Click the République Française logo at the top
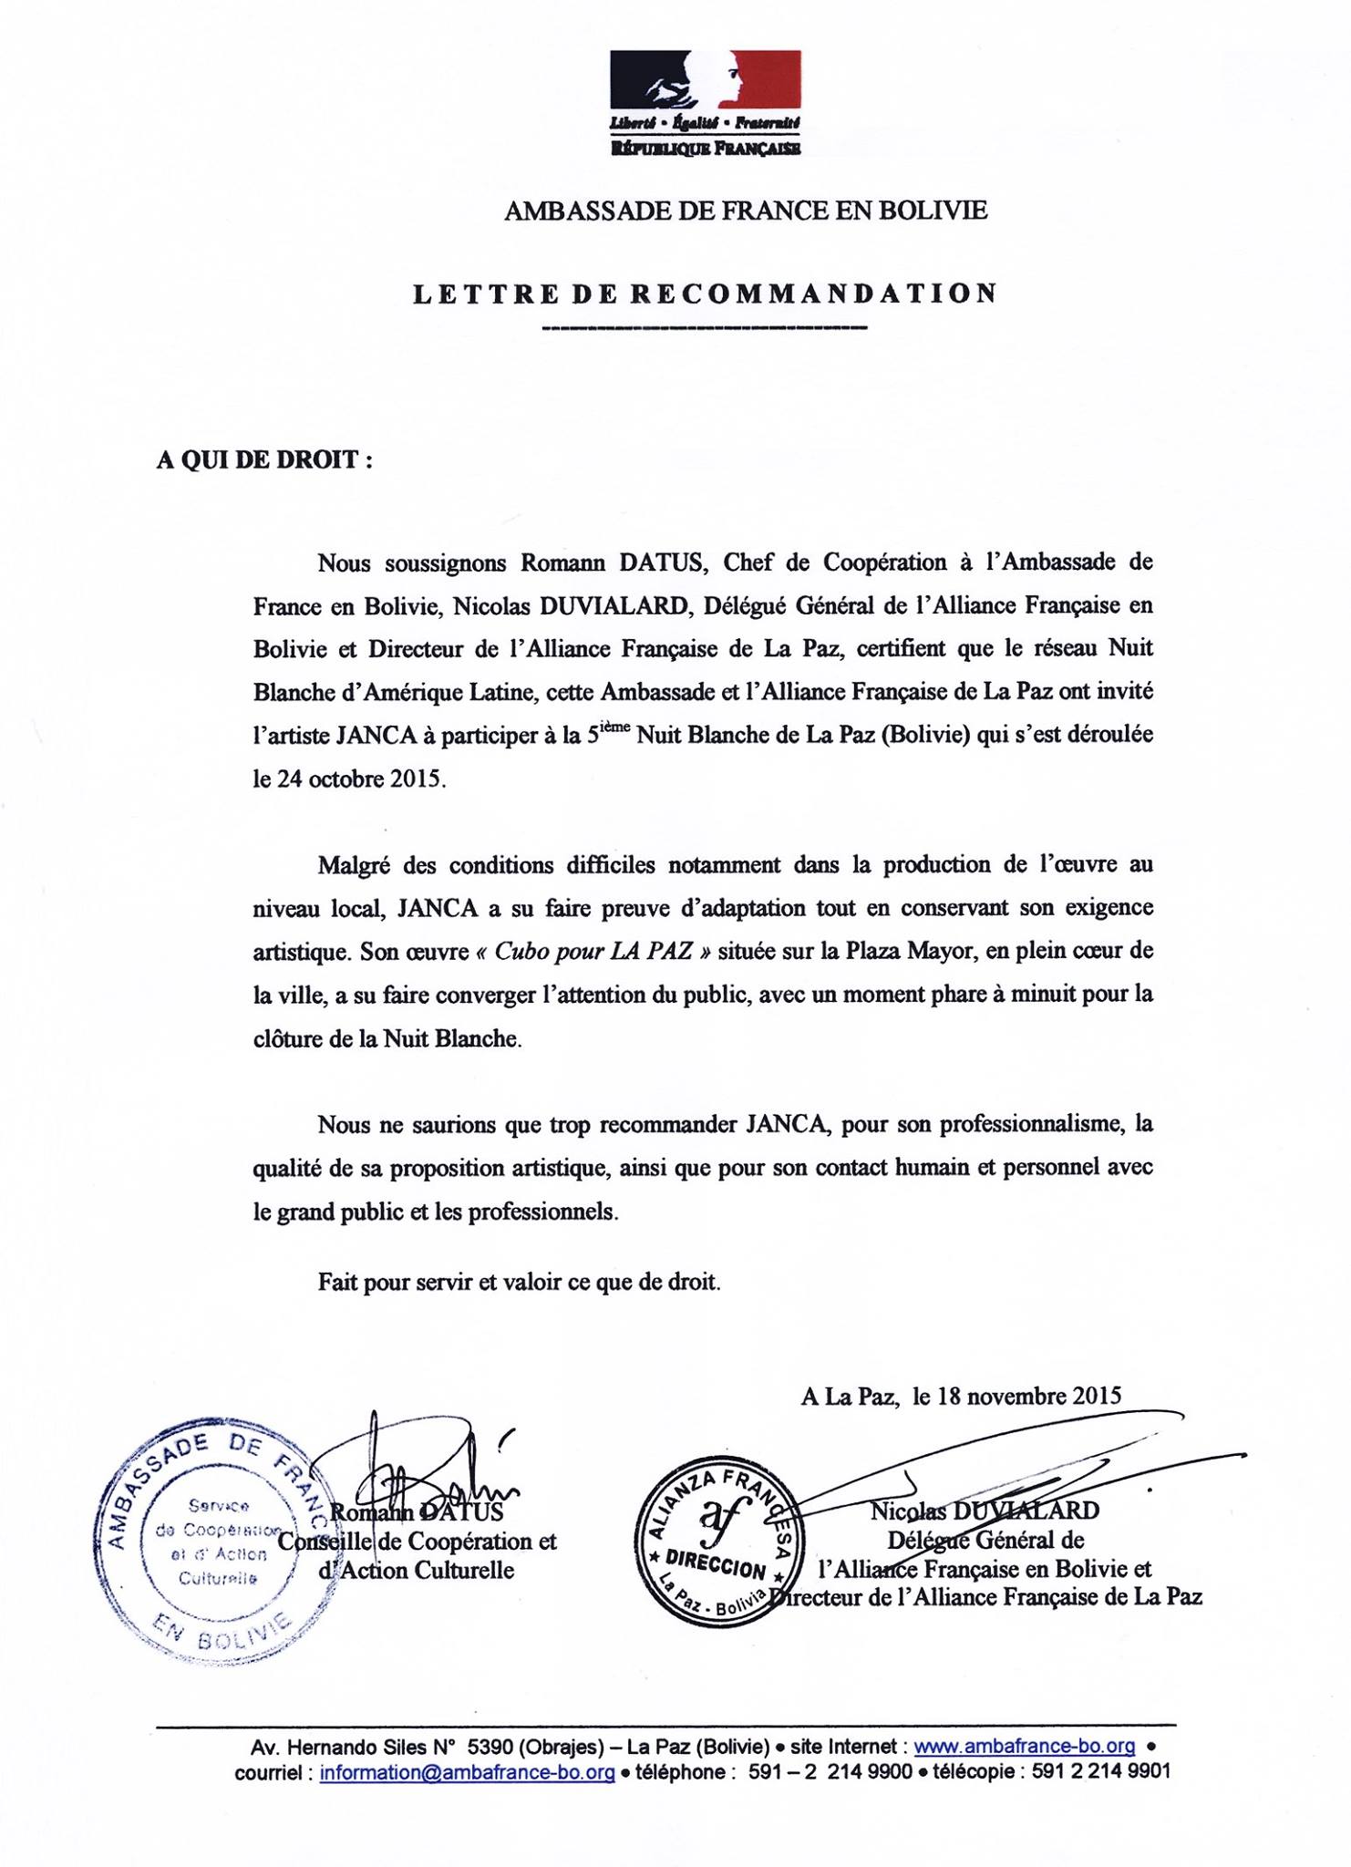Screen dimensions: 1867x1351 point(705,103)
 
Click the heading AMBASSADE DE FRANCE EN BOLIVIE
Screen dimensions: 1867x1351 point(745,211)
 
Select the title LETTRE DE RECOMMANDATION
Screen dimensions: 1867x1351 point(705,294)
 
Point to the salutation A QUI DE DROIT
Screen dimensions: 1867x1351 point(264,459)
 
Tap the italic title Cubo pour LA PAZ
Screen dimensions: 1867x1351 point(593,952)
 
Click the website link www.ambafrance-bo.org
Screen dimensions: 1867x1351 point(1024,1747)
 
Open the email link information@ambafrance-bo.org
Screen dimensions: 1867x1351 point(467,1772)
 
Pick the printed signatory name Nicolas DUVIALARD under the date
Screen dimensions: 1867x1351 point(985,1511)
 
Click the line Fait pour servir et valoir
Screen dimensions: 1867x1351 point(519,1283)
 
